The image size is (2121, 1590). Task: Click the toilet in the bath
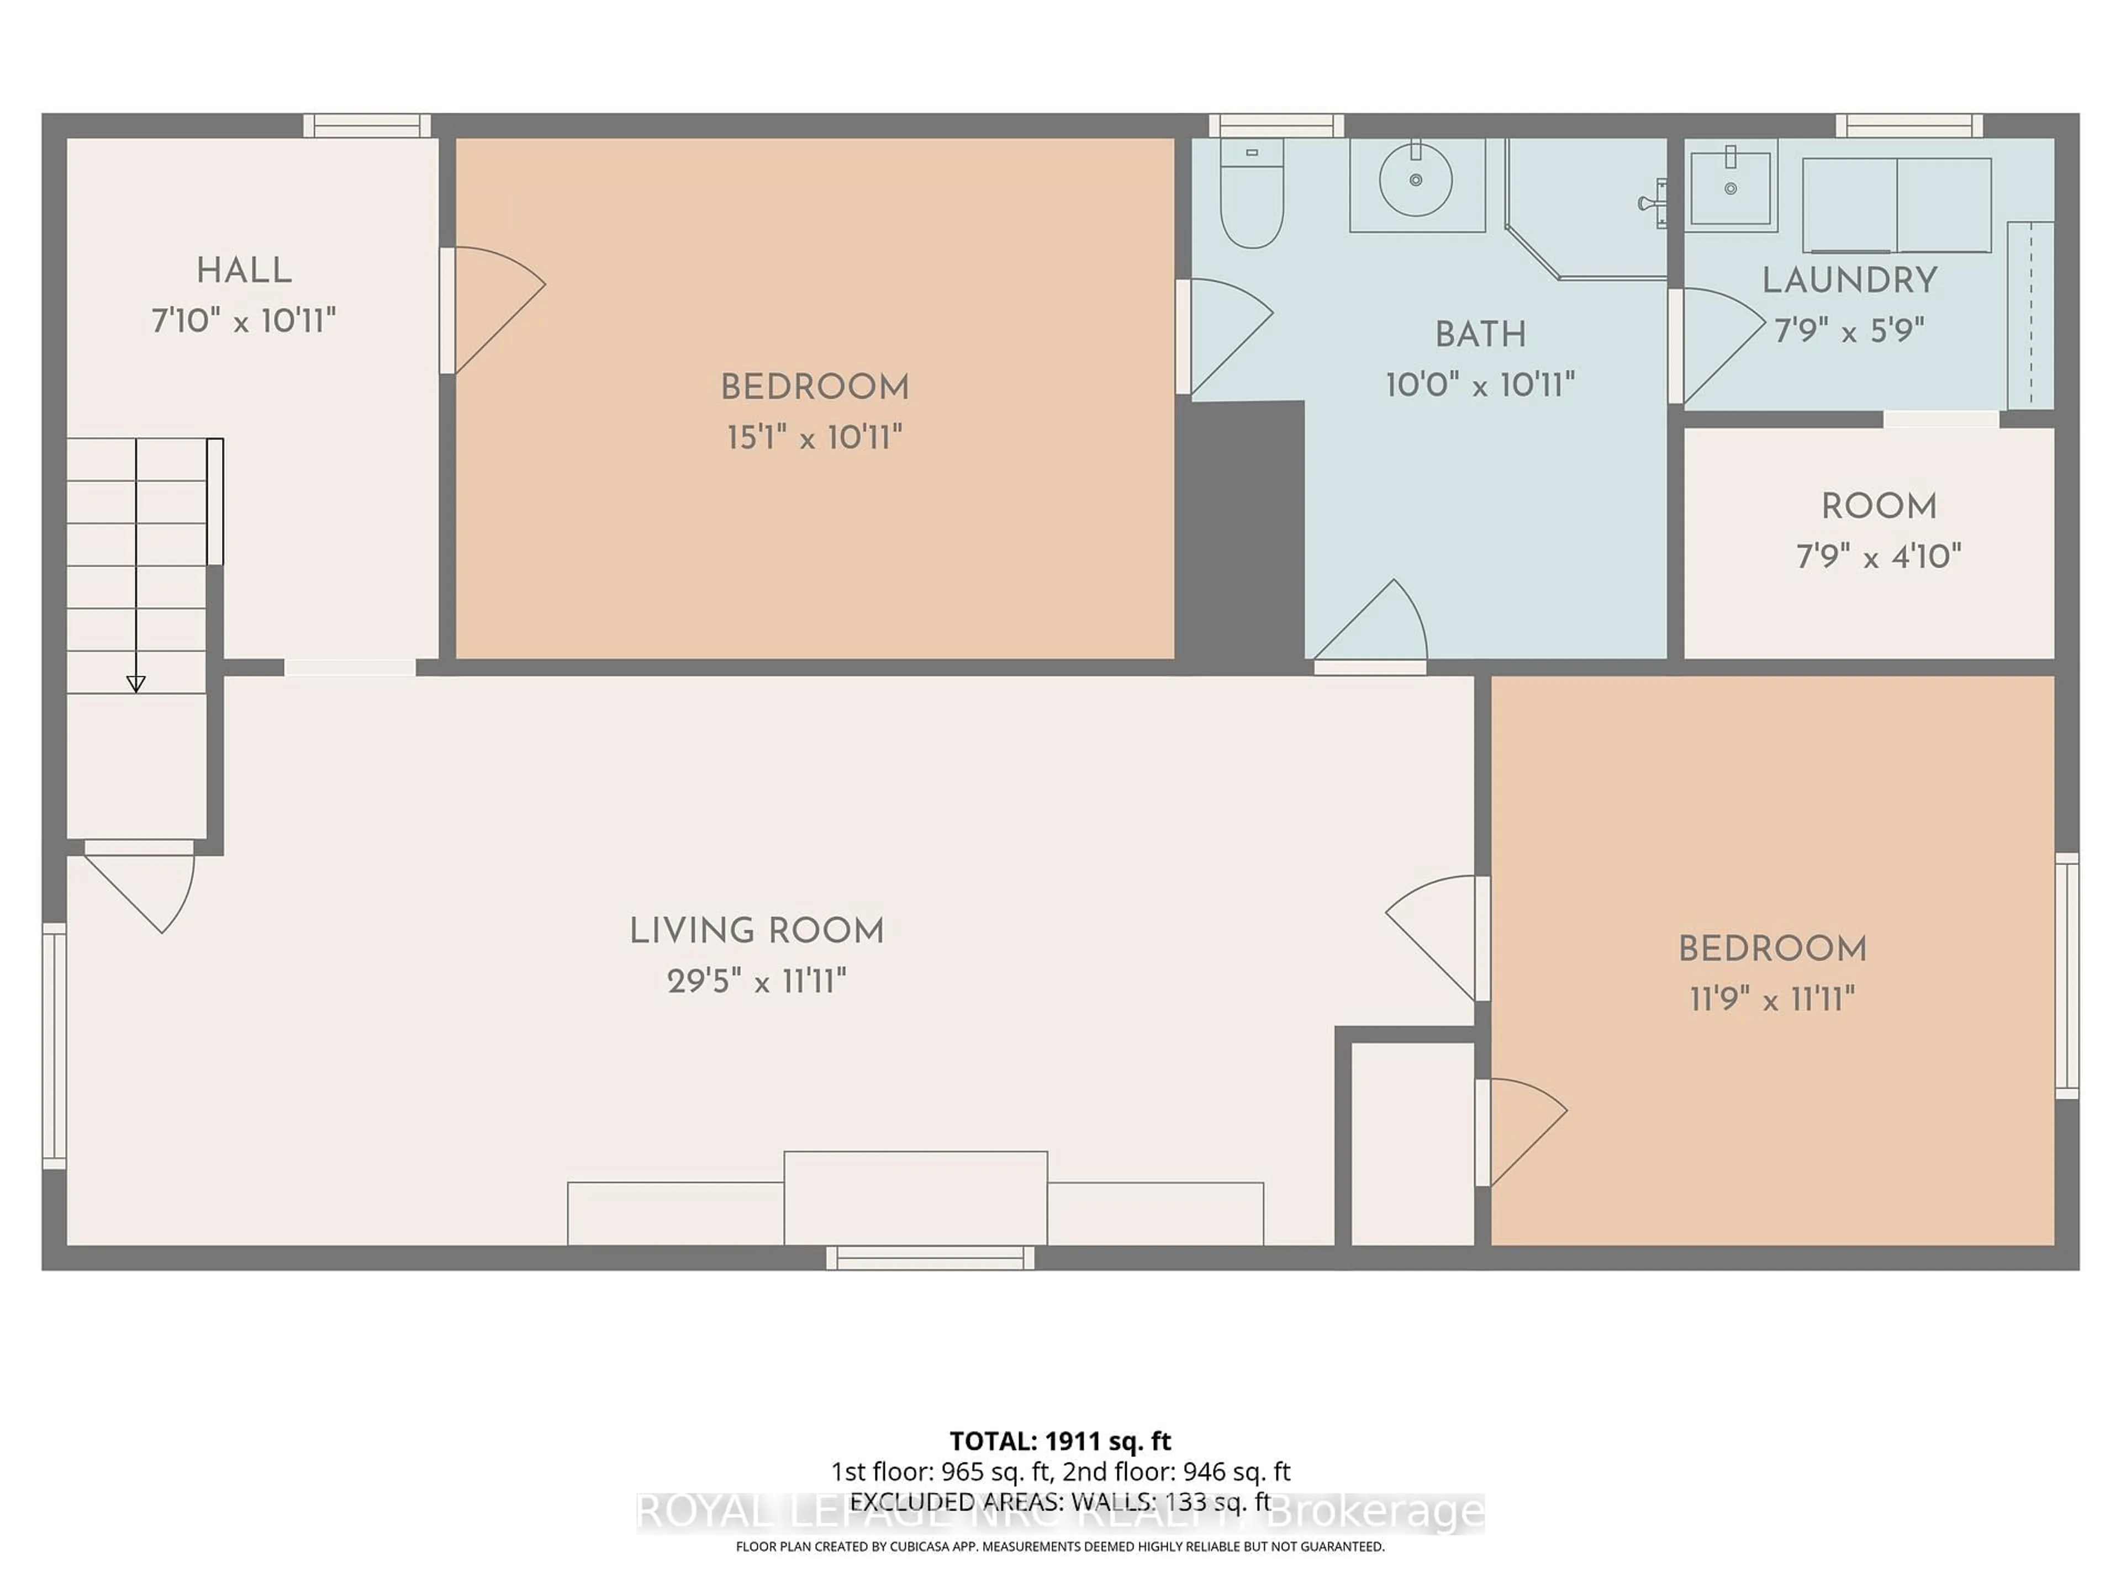[x=1251, y=197]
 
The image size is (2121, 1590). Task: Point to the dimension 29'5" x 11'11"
[x=757, y=982]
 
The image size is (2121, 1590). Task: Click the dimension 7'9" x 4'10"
[x=1879, y=556]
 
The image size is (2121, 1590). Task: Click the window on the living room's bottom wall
[x=930, y=1258]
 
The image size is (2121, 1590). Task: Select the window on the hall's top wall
[x=367, y=125]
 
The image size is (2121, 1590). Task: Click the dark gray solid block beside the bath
[x=1242, y=527]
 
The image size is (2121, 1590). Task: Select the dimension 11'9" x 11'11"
[x=1772, y=1000]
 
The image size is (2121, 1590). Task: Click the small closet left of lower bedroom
[x=1411, y=1143]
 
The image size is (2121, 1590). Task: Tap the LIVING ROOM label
[x=757, y=931]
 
